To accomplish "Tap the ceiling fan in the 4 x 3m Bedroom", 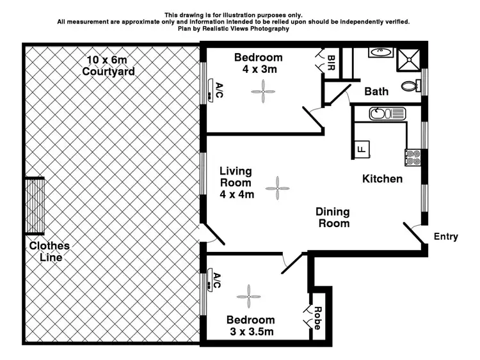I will pyautogui.click(x=260, y=93).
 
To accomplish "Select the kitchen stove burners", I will pyautogui.click(x=412, y=157).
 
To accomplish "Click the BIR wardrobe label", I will pyautogui.click(x=331, y=62).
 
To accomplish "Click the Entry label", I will pyautogui.click(x=445, y=237).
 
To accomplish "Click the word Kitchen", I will pyautogui.click(x=382, y=179).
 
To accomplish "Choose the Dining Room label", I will pyautogui.click(x=332, y=217).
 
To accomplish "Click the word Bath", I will pyautogui.click(x=376, y=91).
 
